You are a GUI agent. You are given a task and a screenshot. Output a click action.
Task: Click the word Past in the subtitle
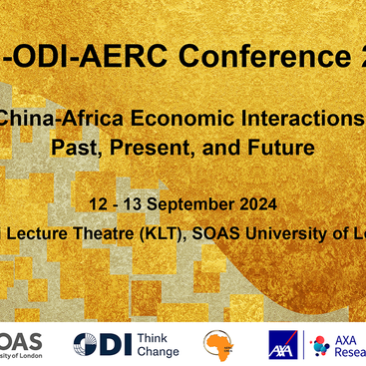coord(69,149)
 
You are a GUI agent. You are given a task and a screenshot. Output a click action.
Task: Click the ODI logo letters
coord(104,345)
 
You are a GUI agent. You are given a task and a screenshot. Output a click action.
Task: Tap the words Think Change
coord(157,345)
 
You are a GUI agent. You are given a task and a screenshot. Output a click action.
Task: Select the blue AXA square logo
coord(284,345)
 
